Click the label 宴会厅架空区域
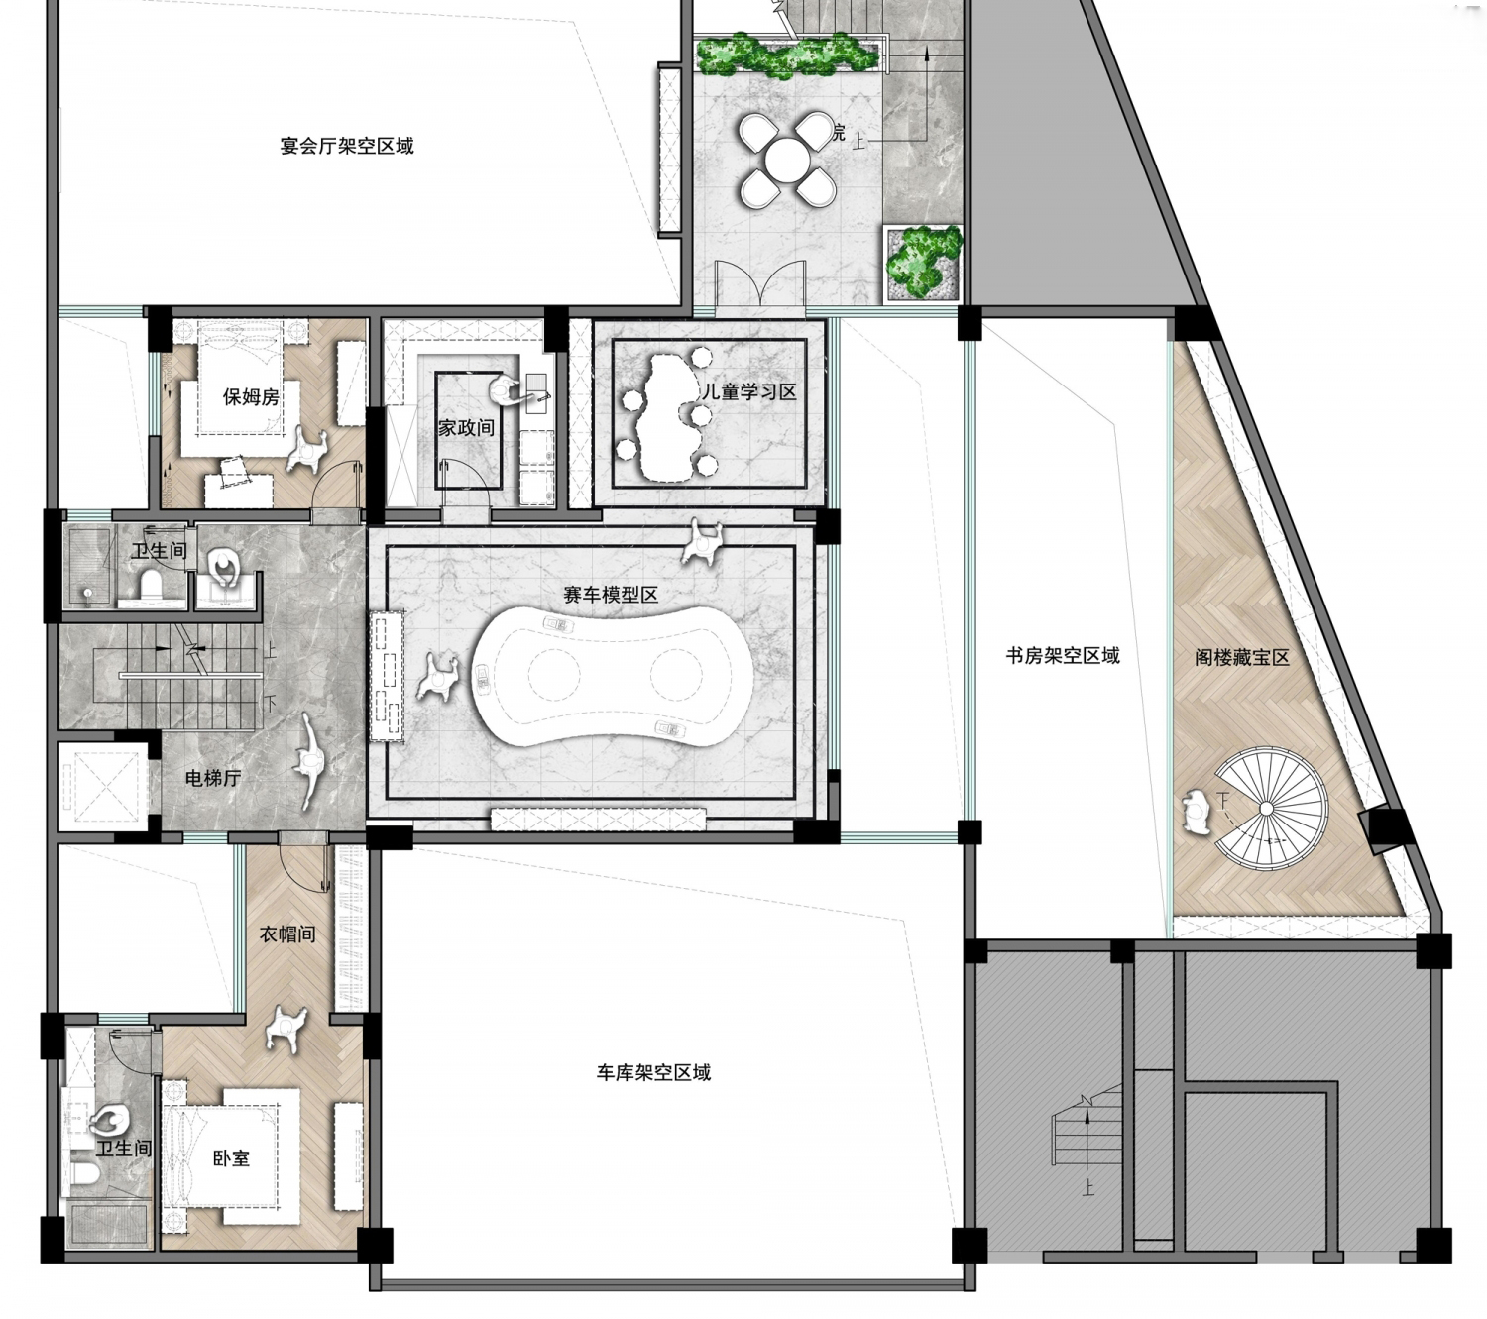pos(346,146)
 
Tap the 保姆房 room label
pos(251,396)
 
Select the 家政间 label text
pos(466,427)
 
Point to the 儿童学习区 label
pos(748,391)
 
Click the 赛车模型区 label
pos(611,595)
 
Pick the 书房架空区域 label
pos(1063,655)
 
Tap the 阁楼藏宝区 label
pos(1242,657)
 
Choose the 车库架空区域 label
pos(653,1072)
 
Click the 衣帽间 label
pos(287,934)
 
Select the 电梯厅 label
pos(213,778)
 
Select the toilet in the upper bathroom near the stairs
pos(151,585)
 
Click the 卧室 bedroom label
pos(231,1158)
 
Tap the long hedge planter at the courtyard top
pos(787,55)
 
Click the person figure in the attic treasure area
pos(1197,812)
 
